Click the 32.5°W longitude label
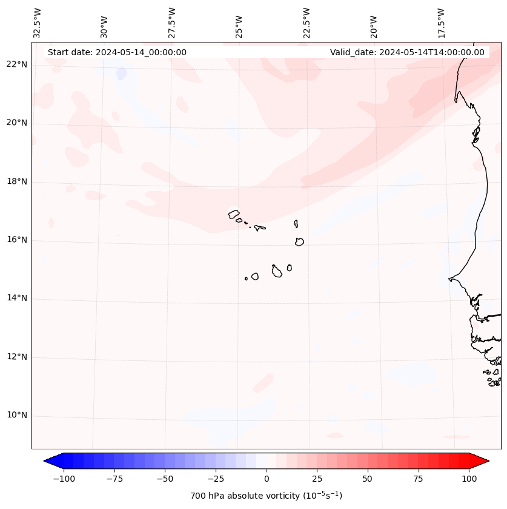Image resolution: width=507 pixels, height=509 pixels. [38, 23]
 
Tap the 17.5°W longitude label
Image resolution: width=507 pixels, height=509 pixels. [441, 23]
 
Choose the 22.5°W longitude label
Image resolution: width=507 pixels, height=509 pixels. [307, 23]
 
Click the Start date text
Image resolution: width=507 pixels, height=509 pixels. [117, 52]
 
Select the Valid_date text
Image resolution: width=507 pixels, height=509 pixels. [407, 52]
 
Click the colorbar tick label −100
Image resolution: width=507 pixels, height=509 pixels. [64, 479]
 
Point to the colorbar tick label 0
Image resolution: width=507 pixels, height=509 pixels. [267, 479]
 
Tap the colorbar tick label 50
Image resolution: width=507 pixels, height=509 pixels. [368, 479]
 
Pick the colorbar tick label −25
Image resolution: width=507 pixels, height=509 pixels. [216, 479]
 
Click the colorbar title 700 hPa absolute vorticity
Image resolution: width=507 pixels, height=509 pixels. [267, 496]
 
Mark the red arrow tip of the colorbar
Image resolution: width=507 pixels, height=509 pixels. [488, 461]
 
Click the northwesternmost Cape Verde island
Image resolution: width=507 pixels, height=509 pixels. [234, 214]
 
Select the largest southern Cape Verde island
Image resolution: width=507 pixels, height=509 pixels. [277, 271]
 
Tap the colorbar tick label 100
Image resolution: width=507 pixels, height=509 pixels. [469, 479]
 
